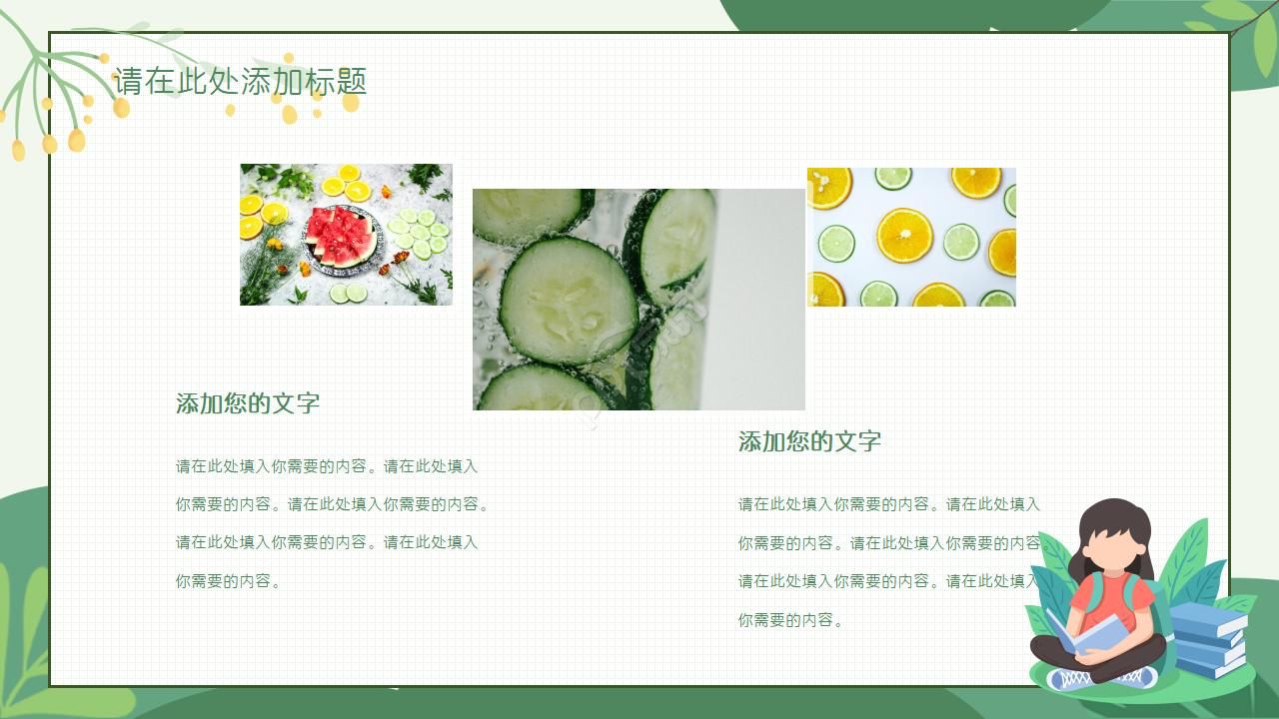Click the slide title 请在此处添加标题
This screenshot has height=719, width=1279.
(240, 81)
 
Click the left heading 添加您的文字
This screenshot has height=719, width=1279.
(248, 403)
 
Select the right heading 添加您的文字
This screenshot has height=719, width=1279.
(809, 441)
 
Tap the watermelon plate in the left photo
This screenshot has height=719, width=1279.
(343, 238)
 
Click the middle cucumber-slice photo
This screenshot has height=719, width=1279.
(639, 300)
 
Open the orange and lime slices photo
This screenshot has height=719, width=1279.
(911, 237)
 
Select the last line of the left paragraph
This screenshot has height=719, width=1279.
(228, 580)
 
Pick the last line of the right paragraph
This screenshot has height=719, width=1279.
(790, 620)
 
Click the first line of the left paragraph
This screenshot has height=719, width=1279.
(327, 466)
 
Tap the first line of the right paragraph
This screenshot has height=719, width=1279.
(888, 504)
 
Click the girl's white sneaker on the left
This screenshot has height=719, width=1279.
(1069, 680)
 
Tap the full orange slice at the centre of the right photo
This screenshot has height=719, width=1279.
(904, 236)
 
